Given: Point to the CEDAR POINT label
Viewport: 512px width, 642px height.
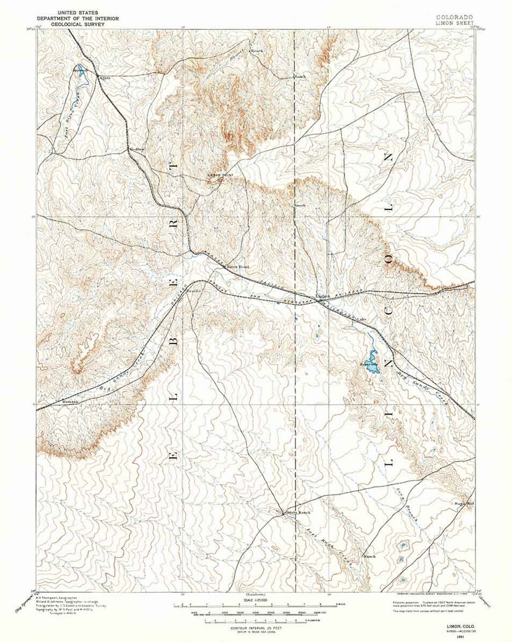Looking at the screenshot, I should pos(220,175).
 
